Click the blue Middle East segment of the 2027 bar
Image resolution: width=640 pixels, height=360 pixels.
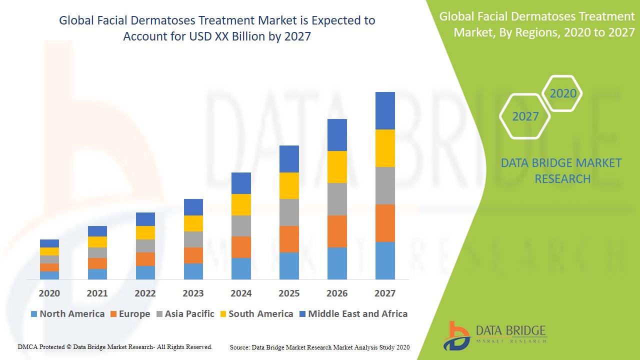[x=385, y=110]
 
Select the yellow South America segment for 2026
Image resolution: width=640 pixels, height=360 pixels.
[x=337, y=167]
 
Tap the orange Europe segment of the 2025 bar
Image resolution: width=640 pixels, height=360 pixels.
[x=289, y=239]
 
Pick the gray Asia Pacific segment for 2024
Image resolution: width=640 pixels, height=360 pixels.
[x=241, y=226]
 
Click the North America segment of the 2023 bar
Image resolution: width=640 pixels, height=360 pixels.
[x=193, y=271]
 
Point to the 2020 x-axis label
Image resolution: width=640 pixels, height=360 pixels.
[x=49, y=293]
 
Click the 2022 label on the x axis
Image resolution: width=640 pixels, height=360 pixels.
[x=145, y=293]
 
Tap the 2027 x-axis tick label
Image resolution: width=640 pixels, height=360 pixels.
[x=385, y=293]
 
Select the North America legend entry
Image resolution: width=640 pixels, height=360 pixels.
[x=67, y=314]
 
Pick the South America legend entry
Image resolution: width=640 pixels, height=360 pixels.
[x=256, y=314]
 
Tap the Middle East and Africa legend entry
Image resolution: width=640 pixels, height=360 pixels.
[x=353, y=314]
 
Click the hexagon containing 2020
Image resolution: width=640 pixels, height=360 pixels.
[x=563, y=93]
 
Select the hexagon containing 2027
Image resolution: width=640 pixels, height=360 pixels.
[x=525, y=116]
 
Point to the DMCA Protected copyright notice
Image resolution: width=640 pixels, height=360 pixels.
[x=115, y=346]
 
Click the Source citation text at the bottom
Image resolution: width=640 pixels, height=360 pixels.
[x=319, y=347]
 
